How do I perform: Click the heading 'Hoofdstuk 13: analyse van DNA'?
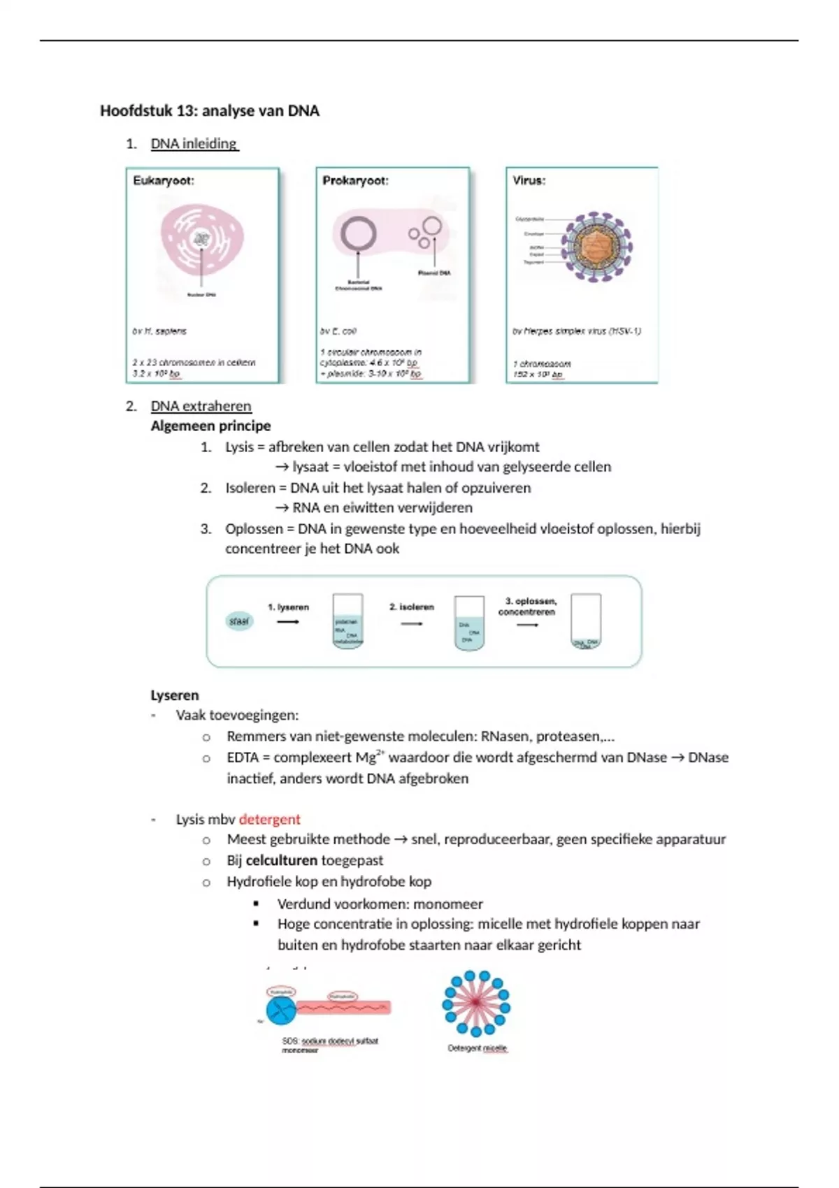(209, 110)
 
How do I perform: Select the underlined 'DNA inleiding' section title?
(194, 143)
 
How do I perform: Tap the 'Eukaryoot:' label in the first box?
(164, 180)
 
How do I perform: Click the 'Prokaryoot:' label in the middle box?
(355, 180)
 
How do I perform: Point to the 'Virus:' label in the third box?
(529, 180)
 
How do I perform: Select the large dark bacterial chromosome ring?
(358, 234)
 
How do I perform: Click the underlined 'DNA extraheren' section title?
(201, 406)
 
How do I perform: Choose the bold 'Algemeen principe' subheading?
(210, 426)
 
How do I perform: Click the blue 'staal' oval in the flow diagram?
(239, 621)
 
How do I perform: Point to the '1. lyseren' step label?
(288, 607)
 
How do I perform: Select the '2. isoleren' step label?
(411, 607)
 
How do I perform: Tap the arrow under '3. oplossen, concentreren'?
(527, 625)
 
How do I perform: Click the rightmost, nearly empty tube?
(586, 621)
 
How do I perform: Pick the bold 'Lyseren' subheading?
(175, 695)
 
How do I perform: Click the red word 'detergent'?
(269, 819)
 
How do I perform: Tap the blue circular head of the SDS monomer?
(281, 1009)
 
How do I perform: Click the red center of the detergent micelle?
(476, 1003)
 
